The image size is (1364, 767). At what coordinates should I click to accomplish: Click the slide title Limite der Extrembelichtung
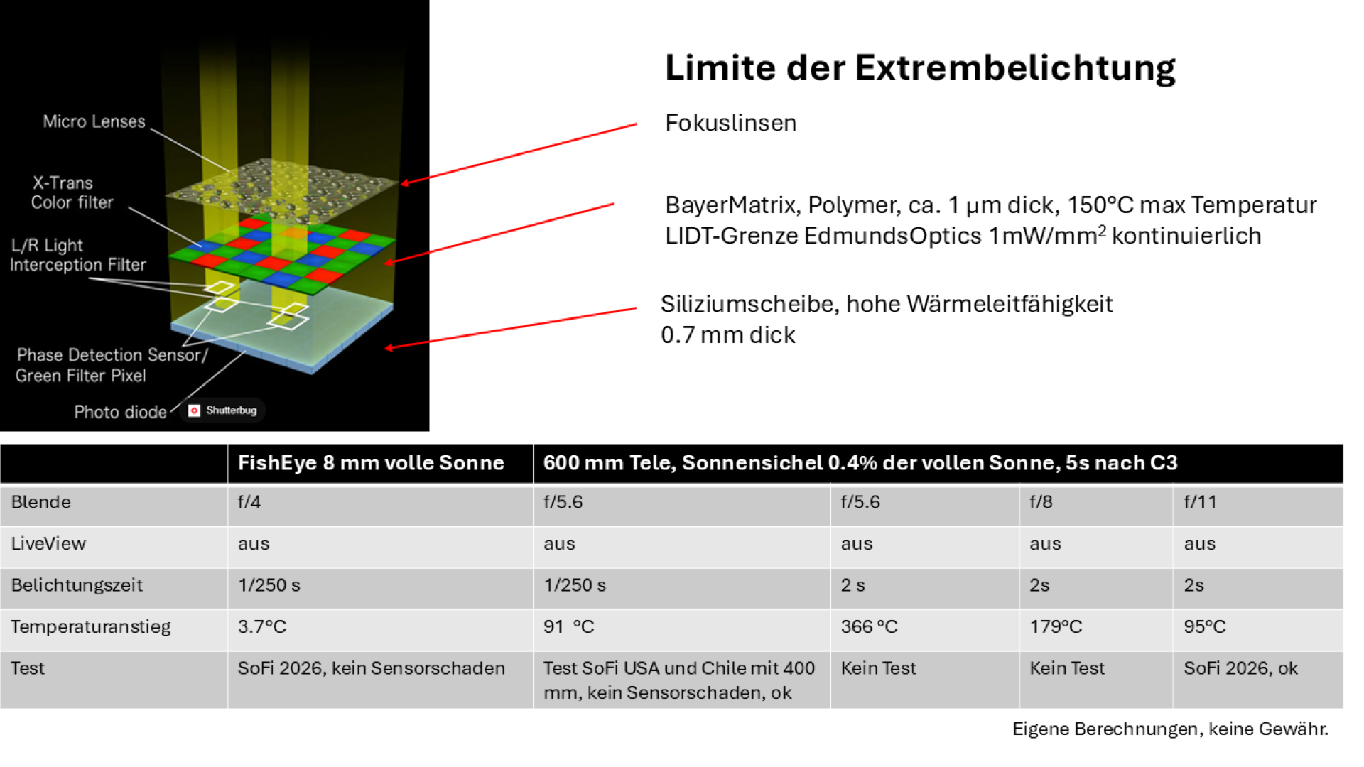[x=920, y=68]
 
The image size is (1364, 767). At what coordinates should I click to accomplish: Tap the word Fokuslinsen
[x=730, y=123]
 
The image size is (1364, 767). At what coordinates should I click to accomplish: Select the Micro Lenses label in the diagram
[x=94, y=121]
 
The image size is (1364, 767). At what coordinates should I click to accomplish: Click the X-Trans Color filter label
[x=72, y=192]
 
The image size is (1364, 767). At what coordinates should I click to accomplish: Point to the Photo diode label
[x=120, y=412]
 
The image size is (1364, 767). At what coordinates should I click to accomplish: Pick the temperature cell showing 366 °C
[x=869, y=626]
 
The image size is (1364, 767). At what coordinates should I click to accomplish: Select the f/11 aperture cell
[x=1200, y=502]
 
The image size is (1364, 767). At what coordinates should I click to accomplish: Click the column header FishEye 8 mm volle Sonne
[x=371, y=463]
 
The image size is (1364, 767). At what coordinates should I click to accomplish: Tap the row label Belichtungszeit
[x=77, y=585]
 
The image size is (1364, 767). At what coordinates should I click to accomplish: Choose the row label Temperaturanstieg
[x=91, y=627]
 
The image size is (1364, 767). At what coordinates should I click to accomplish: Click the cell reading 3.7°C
[x=261, y=626]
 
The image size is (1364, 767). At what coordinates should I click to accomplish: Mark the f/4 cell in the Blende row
[x=249, y=502]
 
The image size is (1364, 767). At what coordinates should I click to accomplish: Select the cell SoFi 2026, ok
[x=1240, y=668]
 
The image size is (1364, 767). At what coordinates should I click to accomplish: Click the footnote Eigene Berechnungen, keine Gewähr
[x=1170, y=729]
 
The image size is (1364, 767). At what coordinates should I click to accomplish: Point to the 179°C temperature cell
[x=1056, y=626]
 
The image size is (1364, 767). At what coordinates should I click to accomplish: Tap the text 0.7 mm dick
[x=727, y=334]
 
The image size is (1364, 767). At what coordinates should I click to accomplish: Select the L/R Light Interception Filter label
[x=77, y=255]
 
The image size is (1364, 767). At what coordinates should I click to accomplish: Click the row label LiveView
[x=48, y=543]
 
